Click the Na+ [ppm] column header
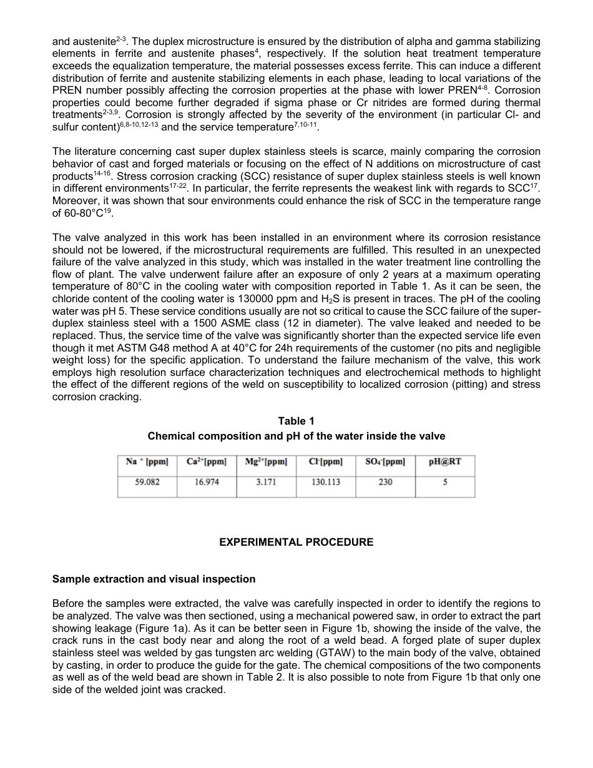click(147, 462)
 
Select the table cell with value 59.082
click(147, 482)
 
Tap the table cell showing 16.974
click(207, 482)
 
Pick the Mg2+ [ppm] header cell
click(267, 462)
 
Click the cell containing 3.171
click(267, 482)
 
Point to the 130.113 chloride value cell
click(326, 482)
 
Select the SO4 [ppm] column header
click(385, 462)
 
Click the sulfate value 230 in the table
click(385, 482)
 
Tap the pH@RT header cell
click(445, 462)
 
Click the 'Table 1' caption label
click(296, 421)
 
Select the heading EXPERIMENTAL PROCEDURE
click(296, 543)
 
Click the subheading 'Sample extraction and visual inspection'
click(154, 579)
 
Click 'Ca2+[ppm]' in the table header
click(207, 462)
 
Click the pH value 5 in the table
click(445, 482)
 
